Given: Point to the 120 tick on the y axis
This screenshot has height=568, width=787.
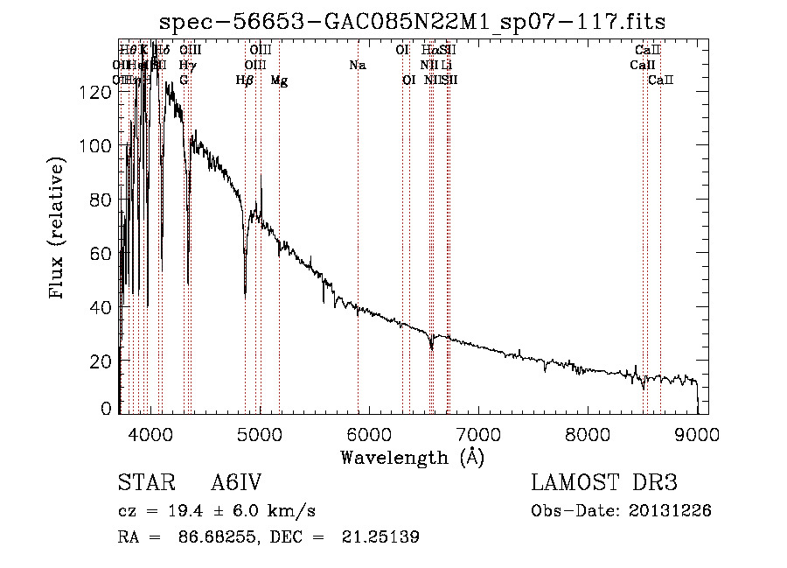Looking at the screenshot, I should (x=99, y=92).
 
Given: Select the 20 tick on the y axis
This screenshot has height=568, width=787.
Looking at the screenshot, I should (x=103, y=361).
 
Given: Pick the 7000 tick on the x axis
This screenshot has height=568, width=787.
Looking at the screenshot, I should (x=478, y=432).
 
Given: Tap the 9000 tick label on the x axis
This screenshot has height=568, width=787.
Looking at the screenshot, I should (x=697, y=432).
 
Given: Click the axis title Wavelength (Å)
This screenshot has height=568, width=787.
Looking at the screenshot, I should (x=412, y=457).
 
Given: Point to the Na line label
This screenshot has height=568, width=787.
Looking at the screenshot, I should (x=357, y=66).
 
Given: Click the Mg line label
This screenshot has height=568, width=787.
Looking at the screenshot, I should (x=279, y=81).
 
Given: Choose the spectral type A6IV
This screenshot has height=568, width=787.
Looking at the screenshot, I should (x=236, y=483).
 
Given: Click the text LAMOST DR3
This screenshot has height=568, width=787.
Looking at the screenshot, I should (x=603, y=483).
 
